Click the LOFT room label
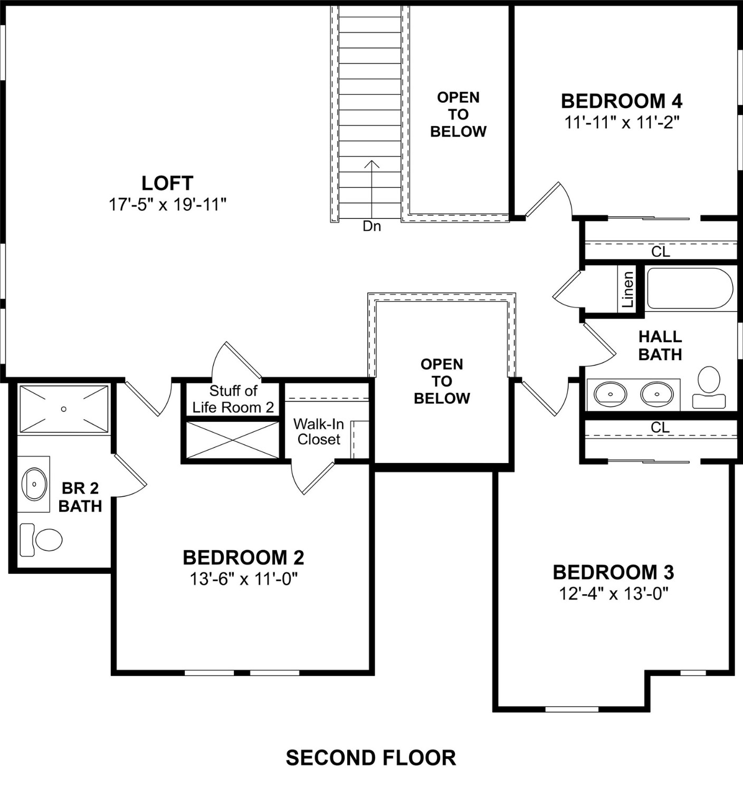pyautogui.click(x=167, y=184)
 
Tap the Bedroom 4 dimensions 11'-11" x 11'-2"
pyautogui.click(x=621, y=123)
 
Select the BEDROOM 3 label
pyautogui.click(x=613, y=572)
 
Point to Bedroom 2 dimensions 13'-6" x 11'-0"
pyautogui.click(x=244, y=580)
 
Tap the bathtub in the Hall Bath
pyautogui.click(x=689, y=288)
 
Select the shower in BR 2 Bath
pyautogui.click(x=64, y=409)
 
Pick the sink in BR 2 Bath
pyautogui.click(x=34, y=484)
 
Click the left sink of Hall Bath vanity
pyautogui.click(x=610, y=394)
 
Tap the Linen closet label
pyautogui.click(x=627, y=290)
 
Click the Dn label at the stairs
pyautogui.click(x=371, y=226)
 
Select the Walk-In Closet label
pyautogui.click(x=318, y=431)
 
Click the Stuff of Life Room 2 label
pyautogui.click(x=233, y=399)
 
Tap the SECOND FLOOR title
pyautogui.click(x=370, y=758)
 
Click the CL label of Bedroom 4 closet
pyautogui.click(x=660, y=252)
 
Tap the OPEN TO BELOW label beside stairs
pyautogui.click(x=458, y=114)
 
